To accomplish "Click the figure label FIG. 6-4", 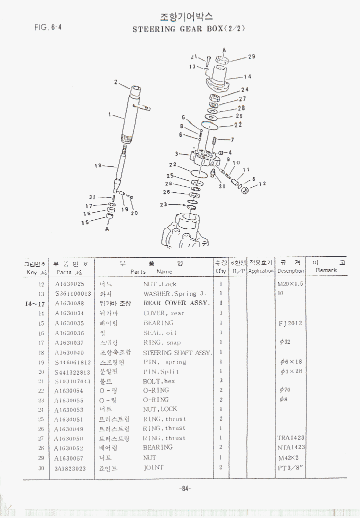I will coord(48,27).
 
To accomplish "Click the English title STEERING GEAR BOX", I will coord(188,29).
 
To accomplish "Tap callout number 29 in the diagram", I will coord(251,56).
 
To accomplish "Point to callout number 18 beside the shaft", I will coord(98,166).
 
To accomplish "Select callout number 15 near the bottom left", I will coord(85,222).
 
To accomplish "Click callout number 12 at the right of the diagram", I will coord(262,183).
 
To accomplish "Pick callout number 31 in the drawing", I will coord(92,197).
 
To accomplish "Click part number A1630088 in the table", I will coord(69,303).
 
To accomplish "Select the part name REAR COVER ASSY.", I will coord(176,303).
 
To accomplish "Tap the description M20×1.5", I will coord(290,284).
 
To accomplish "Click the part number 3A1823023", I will coord(70,468).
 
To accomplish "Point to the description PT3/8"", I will coord(291,468).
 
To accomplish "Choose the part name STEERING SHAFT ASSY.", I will coord(177,353).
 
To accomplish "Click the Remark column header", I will coord(326,270).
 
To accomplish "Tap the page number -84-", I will coord(185,489).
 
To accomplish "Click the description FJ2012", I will coord(290,323).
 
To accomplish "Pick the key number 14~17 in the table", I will coord(35,303).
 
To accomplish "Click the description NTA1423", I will coord(291,448).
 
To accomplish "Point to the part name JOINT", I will coord(153,468).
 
